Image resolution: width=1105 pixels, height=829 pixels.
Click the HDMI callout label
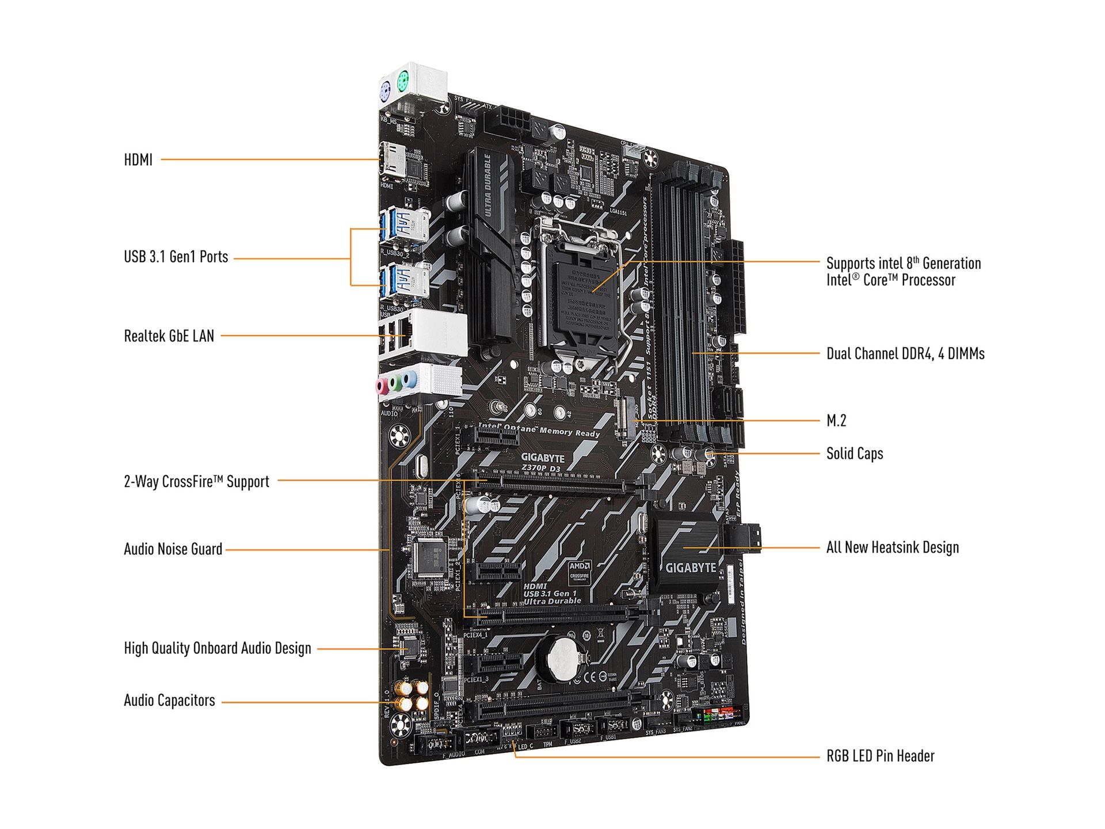point(138,160)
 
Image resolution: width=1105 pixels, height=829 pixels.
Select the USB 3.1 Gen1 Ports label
point(176,257)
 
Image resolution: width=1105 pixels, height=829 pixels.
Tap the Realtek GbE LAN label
point(169,336)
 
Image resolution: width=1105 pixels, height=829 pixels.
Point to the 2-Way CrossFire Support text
point(196,482)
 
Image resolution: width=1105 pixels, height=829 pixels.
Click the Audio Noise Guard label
point(173,549)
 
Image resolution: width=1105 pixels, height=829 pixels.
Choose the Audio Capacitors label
point(169,701)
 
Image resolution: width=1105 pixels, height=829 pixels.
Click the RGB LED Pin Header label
point(880,756)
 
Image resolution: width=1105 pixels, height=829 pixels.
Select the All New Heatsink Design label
point(892,547)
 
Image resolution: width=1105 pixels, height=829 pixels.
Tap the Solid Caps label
point(854,454)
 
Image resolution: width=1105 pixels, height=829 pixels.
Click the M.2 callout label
point(836,421)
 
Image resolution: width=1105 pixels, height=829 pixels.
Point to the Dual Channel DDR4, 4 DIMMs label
point(905,353)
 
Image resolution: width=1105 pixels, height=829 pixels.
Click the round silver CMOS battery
point(563,658)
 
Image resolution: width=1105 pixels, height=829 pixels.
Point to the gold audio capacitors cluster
point(411,696)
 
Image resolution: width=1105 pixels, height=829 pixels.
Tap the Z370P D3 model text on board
point(540,469)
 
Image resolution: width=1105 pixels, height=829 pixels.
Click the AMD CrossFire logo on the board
point(579,571)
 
